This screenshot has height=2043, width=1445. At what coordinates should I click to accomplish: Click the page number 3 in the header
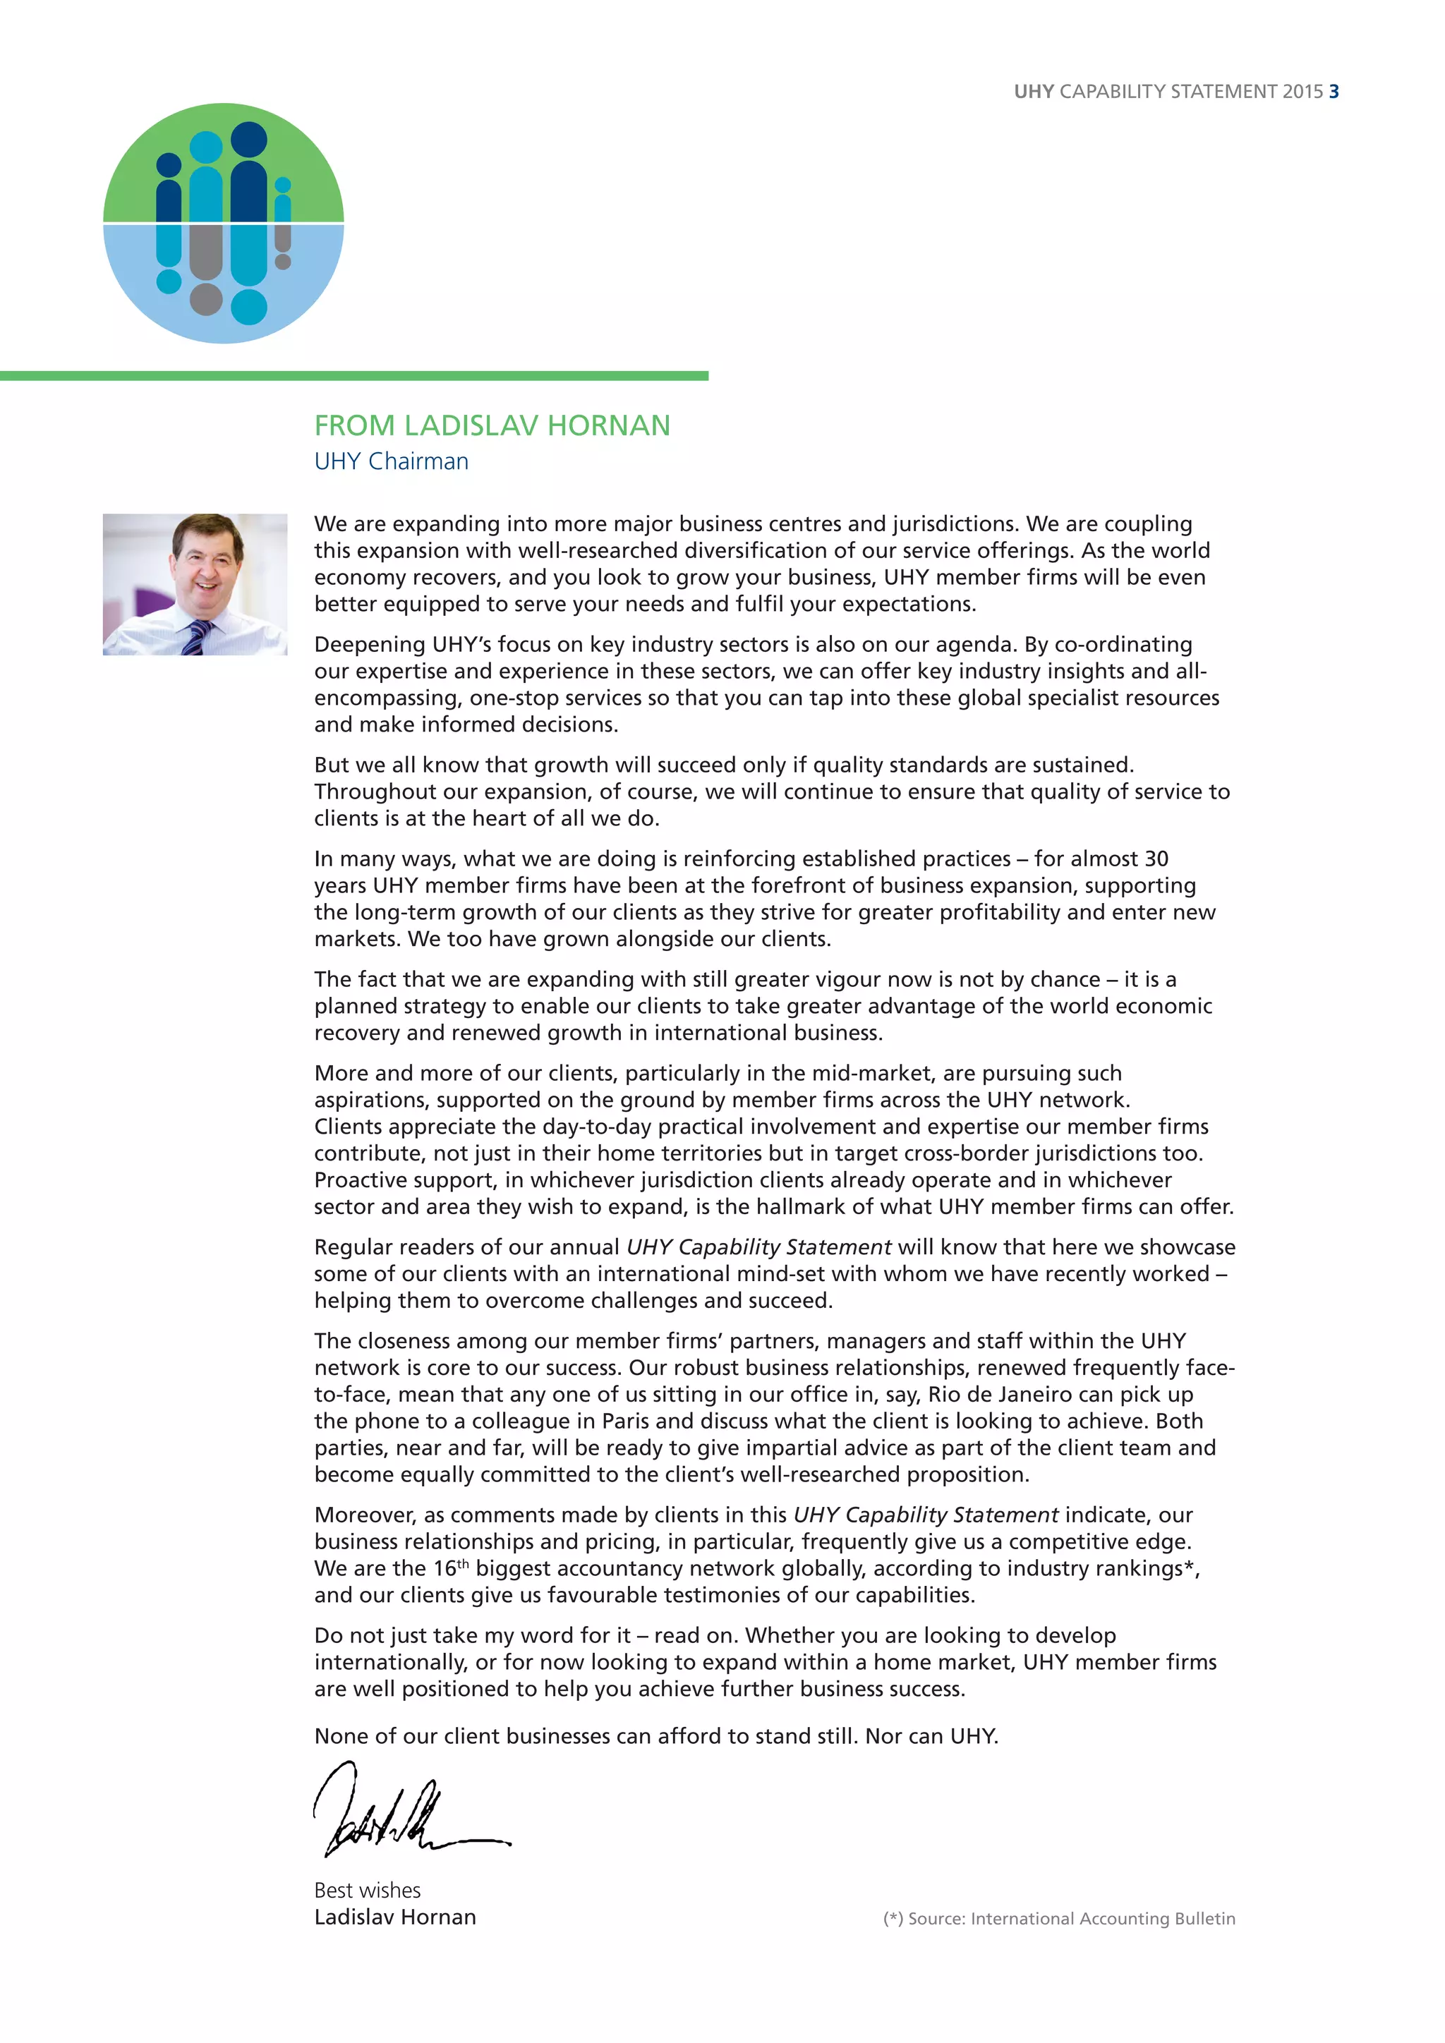(1334, 92)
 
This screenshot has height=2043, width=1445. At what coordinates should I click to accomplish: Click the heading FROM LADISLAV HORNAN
(492, 425)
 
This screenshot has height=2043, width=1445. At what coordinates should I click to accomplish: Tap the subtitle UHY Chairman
(391, 461)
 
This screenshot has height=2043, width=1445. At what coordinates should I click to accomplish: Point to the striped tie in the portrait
(197, 637)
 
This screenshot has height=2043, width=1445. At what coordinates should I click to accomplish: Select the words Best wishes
(367, 1890)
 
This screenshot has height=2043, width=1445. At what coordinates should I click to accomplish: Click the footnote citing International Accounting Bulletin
(1059, 1918)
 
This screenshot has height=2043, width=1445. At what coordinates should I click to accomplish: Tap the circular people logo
(224, 224)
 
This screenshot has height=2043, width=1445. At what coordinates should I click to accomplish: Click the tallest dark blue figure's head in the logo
(248, 140)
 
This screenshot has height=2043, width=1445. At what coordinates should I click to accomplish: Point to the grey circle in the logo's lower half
(207, 299)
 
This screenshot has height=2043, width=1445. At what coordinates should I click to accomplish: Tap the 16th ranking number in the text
(449, 1569)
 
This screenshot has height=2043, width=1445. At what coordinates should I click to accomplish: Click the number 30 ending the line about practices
(1156, 859)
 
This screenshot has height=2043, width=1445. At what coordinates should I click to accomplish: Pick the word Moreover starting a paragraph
(365, 1515)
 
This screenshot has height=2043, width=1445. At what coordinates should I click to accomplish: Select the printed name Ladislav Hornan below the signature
(395, 1917)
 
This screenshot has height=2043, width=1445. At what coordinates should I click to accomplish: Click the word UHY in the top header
(1034, 92)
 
